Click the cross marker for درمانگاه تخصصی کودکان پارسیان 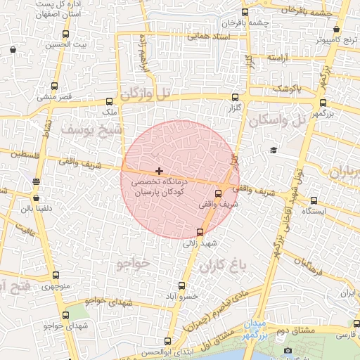[x=160, y=171]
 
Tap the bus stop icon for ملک [x=108, y=101]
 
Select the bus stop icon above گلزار [x=234, y=98]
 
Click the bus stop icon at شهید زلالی [x=200, y=232]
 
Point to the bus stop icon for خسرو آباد [x=182, y=285]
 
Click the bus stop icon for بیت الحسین [x=65, y=34]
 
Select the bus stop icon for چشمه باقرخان [x=245, y=12]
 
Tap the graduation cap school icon [x=274, y=150]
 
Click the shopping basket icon [x=13, y=49]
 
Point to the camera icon [x=287, y=350]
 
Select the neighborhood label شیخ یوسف [x=91, y=131]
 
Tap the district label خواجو [x=131, y=263]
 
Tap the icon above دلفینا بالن [x=36, y=182]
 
